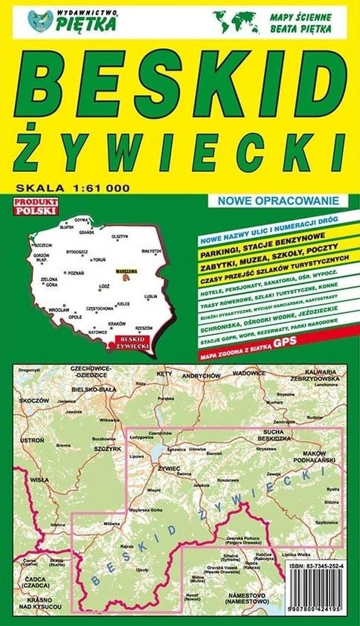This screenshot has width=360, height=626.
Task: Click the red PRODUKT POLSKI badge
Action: pos(36,206)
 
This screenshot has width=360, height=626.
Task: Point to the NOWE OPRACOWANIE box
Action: pos(279,200)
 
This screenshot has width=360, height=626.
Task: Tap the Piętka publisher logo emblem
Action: pos(40,21)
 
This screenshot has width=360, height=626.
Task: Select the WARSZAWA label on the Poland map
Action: pos(126,271)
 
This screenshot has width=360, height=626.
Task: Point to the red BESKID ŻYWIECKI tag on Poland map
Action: pos(133,342)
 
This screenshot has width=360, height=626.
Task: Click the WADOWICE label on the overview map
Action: pos(249,373)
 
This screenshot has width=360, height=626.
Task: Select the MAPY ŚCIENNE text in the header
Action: pos(300,17)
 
